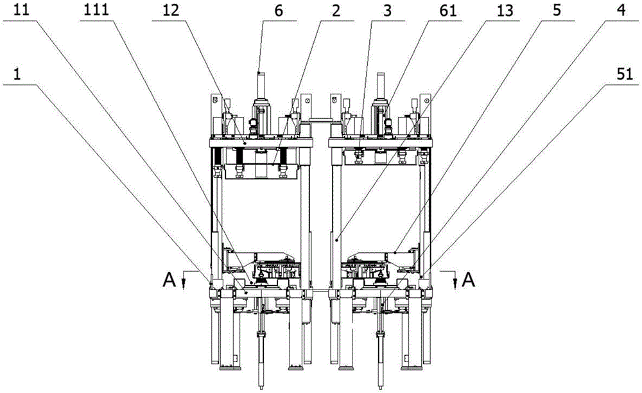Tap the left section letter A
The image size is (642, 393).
tap(169, 278)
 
